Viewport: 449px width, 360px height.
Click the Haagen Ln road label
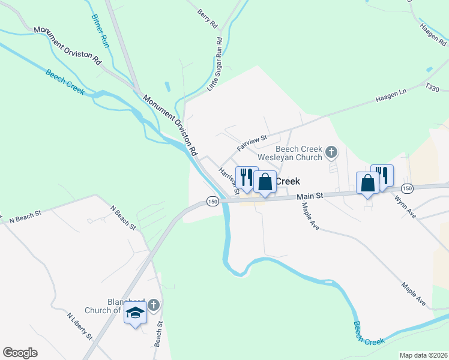(391, 94)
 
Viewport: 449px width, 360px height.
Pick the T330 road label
(432, 89)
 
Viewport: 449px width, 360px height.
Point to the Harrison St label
(229, 181)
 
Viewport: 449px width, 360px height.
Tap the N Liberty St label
(79, 326)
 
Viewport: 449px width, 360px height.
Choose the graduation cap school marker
(136, 313)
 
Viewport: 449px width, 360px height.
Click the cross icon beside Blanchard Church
(153, 305)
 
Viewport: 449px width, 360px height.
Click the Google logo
(20, 353)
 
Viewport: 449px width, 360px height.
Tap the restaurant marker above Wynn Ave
(382, 175)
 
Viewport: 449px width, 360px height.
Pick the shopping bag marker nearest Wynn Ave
(367, 182)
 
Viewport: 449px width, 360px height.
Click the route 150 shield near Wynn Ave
(407, 188)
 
